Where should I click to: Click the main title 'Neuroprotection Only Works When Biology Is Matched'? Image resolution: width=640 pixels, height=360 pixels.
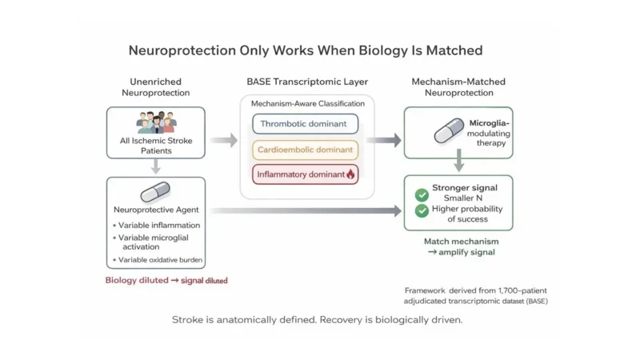click(x=306, y=50)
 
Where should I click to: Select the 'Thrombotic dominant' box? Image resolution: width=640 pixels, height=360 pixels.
click(x=306, y=124)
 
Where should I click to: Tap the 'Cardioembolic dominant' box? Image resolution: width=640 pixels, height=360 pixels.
click(x=306, y=149)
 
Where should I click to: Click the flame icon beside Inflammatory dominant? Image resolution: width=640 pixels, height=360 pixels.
click(x=350, y=174)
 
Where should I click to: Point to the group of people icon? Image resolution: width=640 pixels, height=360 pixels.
click(x=155, y=122)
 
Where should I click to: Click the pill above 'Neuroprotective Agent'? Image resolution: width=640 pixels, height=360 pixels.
click(x=155, y=192)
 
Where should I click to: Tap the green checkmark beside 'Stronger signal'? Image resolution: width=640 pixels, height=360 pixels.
click(x=422, y=194)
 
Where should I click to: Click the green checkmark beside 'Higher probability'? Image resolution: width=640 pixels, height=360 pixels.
click(x=422, y=211)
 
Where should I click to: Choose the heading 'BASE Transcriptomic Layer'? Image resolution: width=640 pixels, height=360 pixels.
click(x=306, y=82)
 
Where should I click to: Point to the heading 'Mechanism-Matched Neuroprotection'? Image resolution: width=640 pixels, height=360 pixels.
click(x=458, y=88)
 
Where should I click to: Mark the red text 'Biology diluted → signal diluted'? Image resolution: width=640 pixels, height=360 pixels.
click(x=166, y=280)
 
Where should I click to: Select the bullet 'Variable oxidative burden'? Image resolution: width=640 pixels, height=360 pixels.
click(x=160, y=260)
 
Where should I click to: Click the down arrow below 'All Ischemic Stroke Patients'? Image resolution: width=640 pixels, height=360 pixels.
click(x=155, y=166)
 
